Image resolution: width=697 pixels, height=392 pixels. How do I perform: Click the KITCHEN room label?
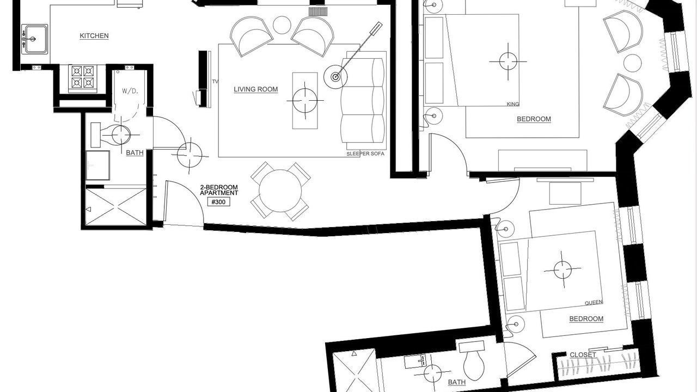coord(94,36)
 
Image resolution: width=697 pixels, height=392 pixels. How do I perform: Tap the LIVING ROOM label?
coord(256,89)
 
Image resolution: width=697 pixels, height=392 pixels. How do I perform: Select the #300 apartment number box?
coord(218,202)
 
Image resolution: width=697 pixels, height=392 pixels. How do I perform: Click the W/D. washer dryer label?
coord(130,91)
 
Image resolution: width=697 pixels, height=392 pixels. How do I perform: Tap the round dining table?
coord(280,191)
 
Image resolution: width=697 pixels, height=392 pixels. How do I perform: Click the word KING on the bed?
coord(513,104)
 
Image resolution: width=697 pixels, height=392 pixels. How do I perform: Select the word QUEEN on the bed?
coord(594,303)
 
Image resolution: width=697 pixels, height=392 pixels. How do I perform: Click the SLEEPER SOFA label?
coord(365,154)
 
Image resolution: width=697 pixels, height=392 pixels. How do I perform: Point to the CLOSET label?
coord(583,354)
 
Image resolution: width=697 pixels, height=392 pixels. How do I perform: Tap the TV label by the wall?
coord(215,82)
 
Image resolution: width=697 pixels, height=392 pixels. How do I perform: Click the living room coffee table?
coord(305,101)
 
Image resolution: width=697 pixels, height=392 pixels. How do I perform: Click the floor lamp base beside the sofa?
coord(335,77)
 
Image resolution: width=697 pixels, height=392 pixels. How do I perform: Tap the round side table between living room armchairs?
coord(282,25)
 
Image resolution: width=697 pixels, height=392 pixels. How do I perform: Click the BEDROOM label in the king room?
coord(534,119)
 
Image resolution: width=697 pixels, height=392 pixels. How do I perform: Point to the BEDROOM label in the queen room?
coord(586,319)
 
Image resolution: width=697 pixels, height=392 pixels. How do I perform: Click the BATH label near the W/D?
coord(134,153)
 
